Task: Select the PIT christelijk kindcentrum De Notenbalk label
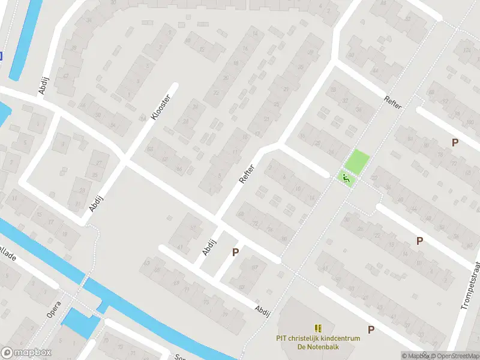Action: click(318, 342)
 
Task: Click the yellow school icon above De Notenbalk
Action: click(318, 328)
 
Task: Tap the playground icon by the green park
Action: click(345, 178)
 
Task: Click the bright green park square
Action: click(358, 161)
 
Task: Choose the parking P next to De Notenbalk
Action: click(371, 329)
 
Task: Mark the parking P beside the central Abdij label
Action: click(235, 253)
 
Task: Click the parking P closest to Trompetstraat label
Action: click(419, 241)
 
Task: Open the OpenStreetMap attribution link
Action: click(454, 356)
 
